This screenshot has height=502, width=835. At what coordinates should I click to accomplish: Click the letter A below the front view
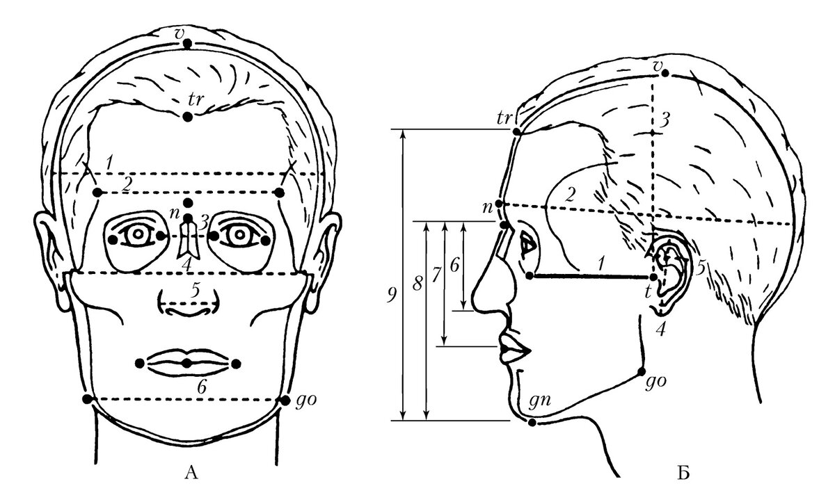[x=193, y=474]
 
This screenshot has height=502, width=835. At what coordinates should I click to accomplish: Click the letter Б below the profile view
[x=683, y=474]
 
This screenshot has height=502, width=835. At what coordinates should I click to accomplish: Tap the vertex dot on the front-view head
[x=186, y=44]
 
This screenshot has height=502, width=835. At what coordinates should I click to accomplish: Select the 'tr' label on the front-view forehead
[x=196, y=99]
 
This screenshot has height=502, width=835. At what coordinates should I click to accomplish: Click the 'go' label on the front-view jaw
[x=306, y=401]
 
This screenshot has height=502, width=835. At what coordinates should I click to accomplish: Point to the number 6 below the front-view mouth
[x=201, y=389]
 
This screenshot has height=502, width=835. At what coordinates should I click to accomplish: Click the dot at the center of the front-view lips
[x=187, y=364]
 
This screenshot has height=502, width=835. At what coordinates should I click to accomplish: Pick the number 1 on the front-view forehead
[x=109, y=162]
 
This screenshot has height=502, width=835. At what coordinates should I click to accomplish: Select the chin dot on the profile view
[x=533, y=423]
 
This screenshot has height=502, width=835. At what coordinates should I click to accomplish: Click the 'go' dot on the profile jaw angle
[x=641, y=371]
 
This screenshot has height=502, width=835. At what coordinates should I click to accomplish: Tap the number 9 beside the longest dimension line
[x=394, y=295]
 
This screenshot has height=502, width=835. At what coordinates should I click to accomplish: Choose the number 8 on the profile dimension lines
[x=416, y=283]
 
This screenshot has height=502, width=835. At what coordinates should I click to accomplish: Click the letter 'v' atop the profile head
[x=660, y=65]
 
